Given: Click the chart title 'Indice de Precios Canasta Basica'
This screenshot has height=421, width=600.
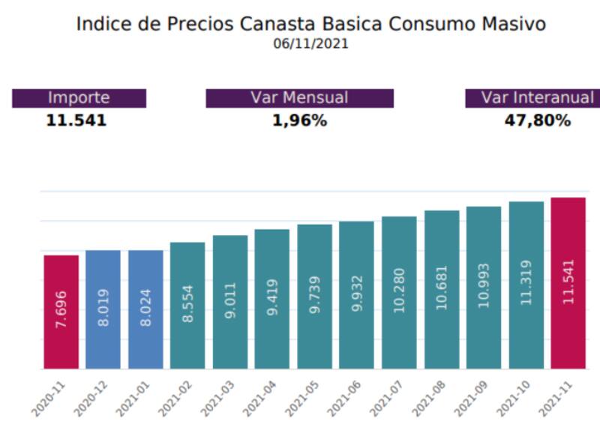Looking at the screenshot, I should tap(310, 24).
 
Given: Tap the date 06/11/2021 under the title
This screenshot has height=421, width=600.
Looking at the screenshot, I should tap(310, 44).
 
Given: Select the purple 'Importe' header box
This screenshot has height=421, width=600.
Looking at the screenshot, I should tap(79, 98).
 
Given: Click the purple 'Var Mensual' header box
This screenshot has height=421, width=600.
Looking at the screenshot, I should tap(299, 98).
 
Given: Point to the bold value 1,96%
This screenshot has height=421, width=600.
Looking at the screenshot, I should tap(299, 121).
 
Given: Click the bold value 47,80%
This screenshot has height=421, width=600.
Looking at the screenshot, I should tap(537, 121).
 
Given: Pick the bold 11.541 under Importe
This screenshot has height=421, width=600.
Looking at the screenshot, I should tap(76, 121).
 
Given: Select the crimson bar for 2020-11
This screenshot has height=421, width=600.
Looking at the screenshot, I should tap(61, 312).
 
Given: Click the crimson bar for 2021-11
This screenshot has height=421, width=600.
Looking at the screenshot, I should tap(568, 283).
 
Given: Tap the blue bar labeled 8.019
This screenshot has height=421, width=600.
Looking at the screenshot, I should tap(103, 309).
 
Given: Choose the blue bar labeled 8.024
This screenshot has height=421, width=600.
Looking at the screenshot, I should tap(145, 309).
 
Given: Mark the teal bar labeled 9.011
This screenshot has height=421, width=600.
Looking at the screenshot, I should tap(229, 302).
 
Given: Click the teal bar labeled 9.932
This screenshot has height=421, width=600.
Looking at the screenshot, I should tap(356, 295).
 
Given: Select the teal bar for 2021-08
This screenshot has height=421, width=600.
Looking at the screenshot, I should tap(441, 289).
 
